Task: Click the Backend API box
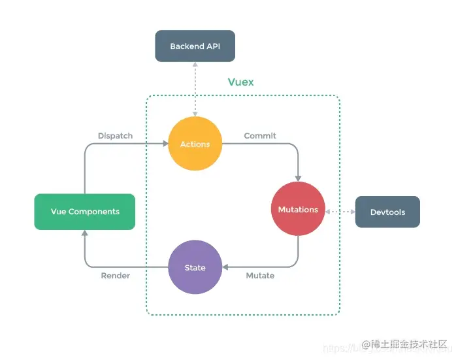(x=194, y=46)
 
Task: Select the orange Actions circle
(x=195, y=144)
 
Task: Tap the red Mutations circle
(x=298, y=209)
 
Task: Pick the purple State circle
(x=195, y=267)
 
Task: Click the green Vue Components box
(x=85, y=212)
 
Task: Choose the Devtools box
(x=387, y=212)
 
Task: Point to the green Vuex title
(x=240, y=82)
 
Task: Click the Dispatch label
(x=115, y=136)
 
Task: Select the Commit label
(x=260, y=136)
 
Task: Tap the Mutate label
(x=260, y=276)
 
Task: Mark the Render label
(x=115, y=276)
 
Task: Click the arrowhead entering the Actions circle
(x=165, y=144)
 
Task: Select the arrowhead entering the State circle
(x=225, y=267)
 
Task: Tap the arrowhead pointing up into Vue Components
(x=85, y=233)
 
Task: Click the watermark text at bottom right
(x=405, y=344)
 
